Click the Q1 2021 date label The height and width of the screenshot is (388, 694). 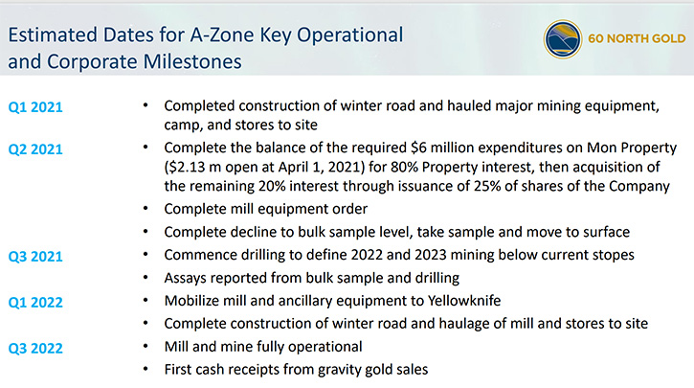click(35, 107)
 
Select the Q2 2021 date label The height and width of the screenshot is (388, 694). click(35, 149)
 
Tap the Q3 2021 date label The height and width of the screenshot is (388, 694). click(35, 257)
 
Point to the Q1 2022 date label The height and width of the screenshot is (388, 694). click(35, 303)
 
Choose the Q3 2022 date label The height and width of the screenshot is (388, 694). click(35, 349)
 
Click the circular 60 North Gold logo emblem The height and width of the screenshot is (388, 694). click(563, 39)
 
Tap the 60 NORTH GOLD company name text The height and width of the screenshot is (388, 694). click(637, 38)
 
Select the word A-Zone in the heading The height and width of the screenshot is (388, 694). click(222, 35)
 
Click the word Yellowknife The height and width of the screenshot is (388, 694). click(464, 301)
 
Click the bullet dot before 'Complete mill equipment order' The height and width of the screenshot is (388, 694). click(146, 208)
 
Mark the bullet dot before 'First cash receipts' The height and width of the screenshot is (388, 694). click(146, 369)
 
